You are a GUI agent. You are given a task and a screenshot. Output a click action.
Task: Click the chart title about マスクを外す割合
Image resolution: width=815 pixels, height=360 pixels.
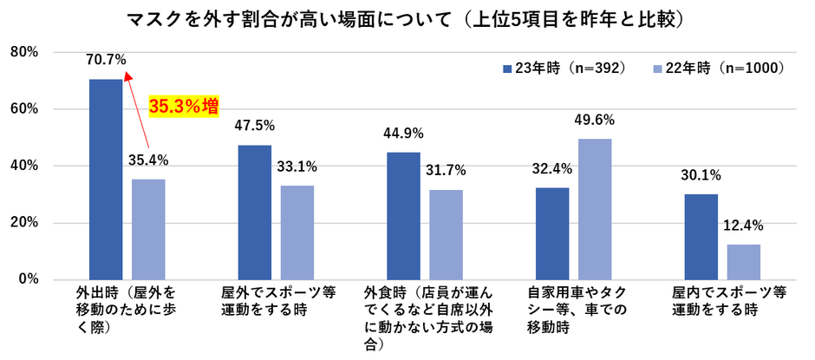(x=407, y=18)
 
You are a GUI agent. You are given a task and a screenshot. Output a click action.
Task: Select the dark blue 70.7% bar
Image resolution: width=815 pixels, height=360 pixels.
(x=106, y=179)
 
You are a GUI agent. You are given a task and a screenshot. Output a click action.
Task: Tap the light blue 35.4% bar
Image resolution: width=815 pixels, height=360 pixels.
(x=148, y=229)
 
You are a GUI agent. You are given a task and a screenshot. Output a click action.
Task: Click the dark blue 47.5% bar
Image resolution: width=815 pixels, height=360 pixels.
(x=255, y=212)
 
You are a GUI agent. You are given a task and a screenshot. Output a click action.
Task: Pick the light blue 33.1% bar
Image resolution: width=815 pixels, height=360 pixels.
(x=297, y=232)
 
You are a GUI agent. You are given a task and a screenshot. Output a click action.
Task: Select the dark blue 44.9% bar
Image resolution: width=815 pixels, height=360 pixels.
(x=404, y=215)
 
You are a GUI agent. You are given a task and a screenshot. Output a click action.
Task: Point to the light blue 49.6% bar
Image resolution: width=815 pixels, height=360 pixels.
(x=596, y=208)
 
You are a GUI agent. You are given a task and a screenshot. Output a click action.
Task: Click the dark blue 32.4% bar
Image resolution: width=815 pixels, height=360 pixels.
(x=553, y=233)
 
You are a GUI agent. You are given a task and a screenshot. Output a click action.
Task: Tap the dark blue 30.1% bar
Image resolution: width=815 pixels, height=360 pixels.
(x=701, y=236)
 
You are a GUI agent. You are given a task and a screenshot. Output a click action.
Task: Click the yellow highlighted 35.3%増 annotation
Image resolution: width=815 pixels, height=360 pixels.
(x=183, y=106)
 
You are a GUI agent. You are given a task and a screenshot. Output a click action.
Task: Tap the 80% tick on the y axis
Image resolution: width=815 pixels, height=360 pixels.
(x=23, y=52)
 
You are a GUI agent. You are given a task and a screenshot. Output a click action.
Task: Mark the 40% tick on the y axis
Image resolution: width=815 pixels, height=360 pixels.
(x=23, y=166)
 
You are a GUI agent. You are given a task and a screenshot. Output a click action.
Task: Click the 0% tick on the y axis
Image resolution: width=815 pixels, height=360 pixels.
(x=27, y=279)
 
